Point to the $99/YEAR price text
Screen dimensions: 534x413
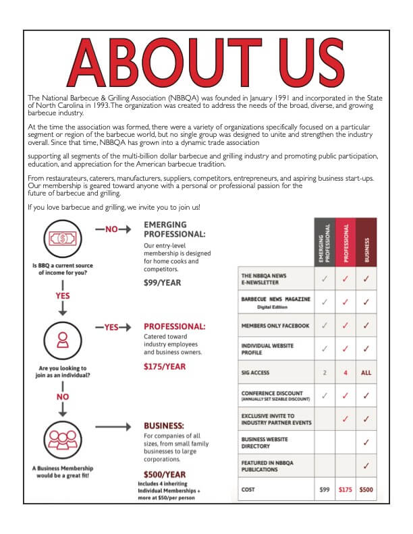click(x=163, y=283)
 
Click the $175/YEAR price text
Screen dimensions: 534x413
click(x=165, y=367)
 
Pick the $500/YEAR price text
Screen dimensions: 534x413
click(x=166, y=475)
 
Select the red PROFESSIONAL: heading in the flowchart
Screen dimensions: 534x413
click(x=175, y=327)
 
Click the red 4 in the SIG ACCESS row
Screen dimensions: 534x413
click(x=345, y=372)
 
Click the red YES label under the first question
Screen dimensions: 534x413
click(x=62, y=295)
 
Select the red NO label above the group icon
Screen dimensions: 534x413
click(x=62, y=396)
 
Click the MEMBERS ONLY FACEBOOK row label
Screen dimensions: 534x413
click(x=275, y=326)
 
